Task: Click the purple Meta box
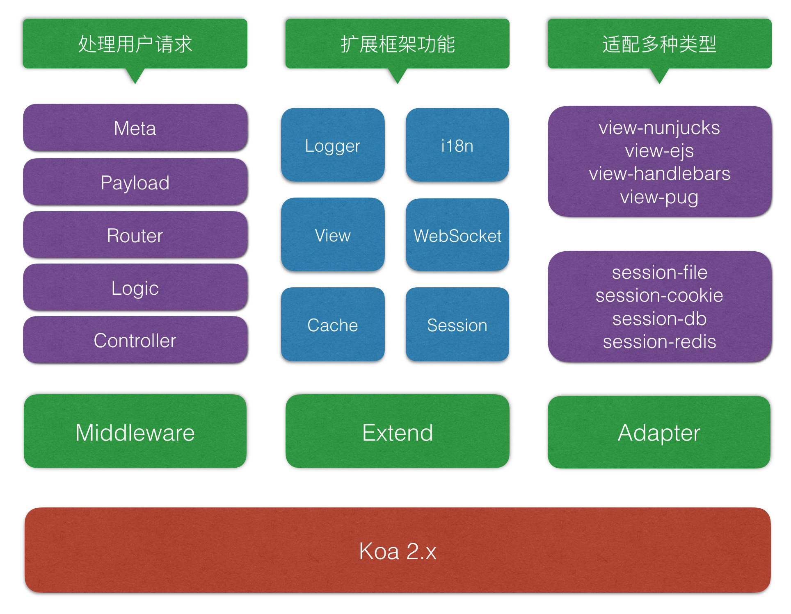[135, 128]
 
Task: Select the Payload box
[135, 182]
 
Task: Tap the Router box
[135, 235]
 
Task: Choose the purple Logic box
[135, 288]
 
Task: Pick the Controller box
[135, 340]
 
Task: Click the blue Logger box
[332, 146]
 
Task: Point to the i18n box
[457, 146]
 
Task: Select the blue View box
[332, 235]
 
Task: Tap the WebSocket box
[457, 235]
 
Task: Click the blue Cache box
[332, 325]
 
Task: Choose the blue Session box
[457, 325]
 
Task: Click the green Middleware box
[135, 432]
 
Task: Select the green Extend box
[397, 432]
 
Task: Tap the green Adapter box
[659, 432]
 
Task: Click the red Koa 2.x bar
[397, 550]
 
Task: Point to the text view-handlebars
[659, 173]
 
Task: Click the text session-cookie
[659, 295]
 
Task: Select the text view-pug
[659, 197]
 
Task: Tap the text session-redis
[659, 341]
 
